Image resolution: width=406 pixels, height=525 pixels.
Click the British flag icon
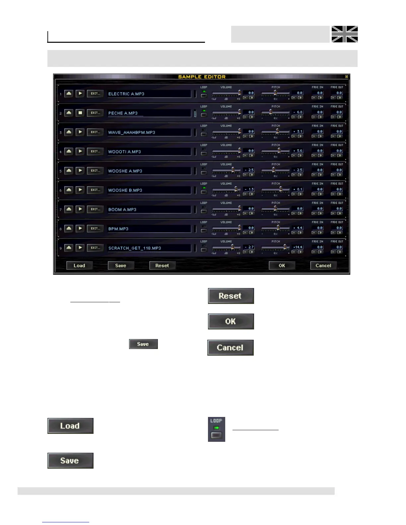point(345,34)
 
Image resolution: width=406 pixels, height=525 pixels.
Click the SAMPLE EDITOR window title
point(202,77)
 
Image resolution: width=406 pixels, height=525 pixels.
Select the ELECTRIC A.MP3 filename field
point(149,94)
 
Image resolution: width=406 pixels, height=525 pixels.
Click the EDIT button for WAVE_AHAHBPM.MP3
point(95,132)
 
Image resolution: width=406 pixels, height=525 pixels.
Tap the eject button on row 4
point(69,151)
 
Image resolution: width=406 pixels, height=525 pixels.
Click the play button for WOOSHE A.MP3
point(80,170)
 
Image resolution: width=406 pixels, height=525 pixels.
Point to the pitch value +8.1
point(298,189)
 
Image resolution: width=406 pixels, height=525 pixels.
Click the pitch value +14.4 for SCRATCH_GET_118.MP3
point(298,247)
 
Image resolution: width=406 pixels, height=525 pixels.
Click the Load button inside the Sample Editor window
point(79,265)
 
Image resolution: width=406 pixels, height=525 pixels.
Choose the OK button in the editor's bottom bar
point(282,265)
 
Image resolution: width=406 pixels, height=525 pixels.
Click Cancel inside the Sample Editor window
point(323,265)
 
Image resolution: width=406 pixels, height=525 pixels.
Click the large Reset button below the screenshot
point(231,296)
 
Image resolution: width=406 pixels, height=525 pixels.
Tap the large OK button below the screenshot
point(231,321)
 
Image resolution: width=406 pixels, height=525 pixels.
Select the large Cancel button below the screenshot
point(230,347)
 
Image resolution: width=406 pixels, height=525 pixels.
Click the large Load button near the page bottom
point(70,426)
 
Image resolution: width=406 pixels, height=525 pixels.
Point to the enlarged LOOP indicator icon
point(216,429)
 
